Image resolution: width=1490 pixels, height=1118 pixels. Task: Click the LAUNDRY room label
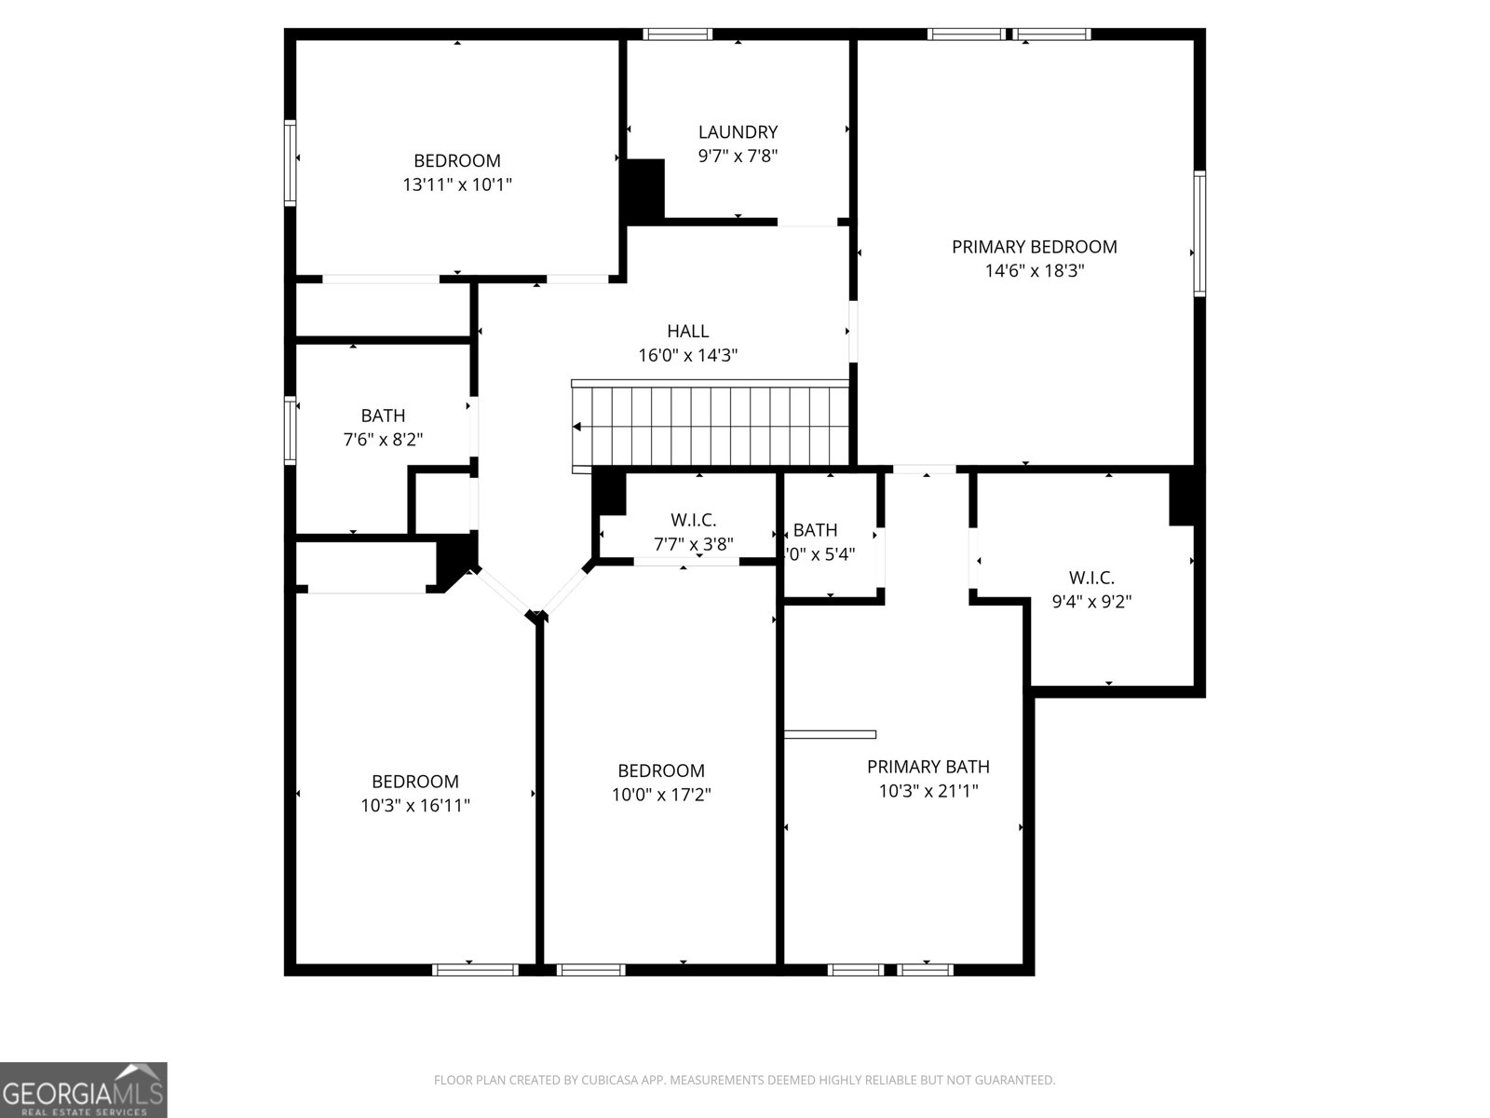pos(738,132)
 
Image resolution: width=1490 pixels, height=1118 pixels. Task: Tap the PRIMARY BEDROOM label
pos(1034,247)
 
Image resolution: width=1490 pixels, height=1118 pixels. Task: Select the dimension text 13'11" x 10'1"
pos(456,184)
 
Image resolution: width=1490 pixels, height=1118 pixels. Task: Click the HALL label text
pos(687,331)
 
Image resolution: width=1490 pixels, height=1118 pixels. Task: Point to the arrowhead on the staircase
pos(577,428)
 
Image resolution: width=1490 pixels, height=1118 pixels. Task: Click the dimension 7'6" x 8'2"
pos(383,440)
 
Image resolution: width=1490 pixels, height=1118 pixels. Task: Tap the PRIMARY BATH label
pos(928,767)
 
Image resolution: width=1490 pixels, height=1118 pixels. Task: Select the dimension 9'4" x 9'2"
pos(1091,602)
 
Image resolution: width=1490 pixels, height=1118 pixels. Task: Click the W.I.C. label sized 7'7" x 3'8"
pos(693,521)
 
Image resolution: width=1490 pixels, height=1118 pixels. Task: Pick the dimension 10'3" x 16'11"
pos(415,806)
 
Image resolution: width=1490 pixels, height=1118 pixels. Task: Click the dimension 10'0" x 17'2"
pos(661,795)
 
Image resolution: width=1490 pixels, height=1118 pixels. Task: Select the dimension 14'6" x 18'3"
pos(1034,271)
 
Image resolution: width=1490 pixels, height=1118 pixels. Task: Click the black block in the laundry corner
pos(643,190)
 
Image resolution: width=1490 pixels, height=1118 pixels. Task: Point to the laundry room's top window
pos(678,34)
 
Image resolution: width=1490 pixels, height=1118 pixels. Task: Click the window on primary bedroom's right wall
pos(1199,233)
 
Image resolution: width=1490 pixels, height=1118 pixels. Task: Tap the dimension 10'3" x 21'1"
pos(928,791)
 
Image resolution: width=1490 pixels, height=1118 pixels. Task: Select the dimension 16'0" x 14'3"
pos(687,355)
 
